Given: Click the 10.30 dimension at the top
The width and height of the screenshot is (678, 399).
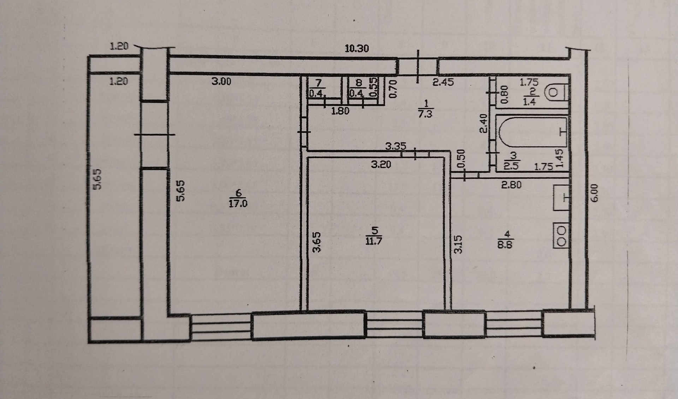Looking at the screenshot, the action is tap(357, 48).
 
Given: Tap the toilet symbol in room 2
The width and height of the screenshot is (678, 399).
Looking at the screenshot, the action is tap(556, 93).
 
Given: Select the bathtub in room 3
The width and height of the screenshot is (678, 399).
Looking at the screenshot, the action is tap(533, 132).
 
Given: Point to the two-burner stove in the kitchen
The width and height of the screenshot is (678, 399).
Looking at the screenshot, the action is tap(561, 236).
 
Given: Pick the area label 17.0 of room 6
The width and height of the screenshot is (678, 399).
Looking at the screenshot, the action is tap(238, 204).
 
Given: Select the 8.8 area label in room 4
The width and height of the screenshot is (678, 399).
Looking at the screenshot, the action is tap(505, 244).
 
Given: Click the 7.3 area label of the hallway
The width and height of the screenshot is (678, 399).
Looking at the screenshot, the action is tap(426, 114).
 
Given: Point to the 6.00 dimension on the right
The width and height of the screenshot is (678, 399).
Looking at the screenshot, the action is tap(595, 193).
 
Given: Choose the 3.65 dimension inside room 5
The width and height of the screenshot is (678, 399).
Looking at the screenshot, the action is tap(317, 242).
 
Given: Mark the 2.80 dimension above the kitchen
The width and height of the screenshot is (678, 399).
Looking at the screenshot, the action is tap(511, 185).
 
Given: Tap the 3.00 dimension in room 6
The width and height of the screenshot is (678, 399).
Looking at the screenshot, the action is tap(221, 81).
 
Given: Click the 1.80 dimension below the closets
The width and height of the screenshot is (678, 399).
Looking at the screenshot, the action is tap(340, 111).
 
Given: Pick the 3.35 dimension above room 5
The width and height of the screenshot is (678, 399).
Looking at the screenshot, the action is tap(395, 146).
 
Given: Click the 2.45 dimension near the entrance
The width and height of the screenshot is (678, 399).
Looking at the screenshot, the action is tap(443, 83).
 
